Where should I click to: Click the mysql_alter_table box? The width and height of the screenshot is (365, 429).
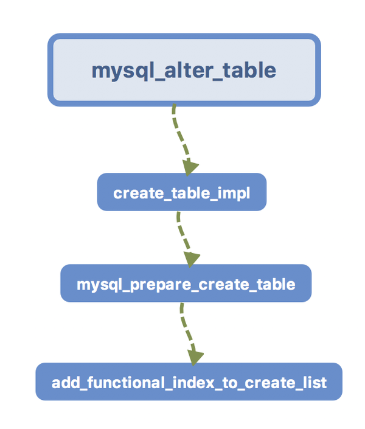pyautogui.click(x=184, y=70)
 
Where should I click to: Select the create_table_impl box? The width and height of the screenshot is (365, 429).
pyautogui.click(x=182, y=193)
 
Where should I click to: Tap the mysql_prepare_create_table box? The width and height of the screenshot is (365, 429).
pyautogui.click(x=186, y=284)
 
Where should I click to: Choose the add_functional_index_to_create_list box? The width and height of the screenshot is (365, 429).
pyautogui.click(x=189, y=382)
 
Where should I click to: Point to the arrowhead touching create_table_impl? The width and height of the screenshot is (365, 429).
pyautogui.click(x=191, y=167)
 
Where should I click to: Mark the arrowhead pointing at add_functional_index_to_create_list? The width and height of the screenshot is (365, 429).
pyautogui.click(x=194, y=357)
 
